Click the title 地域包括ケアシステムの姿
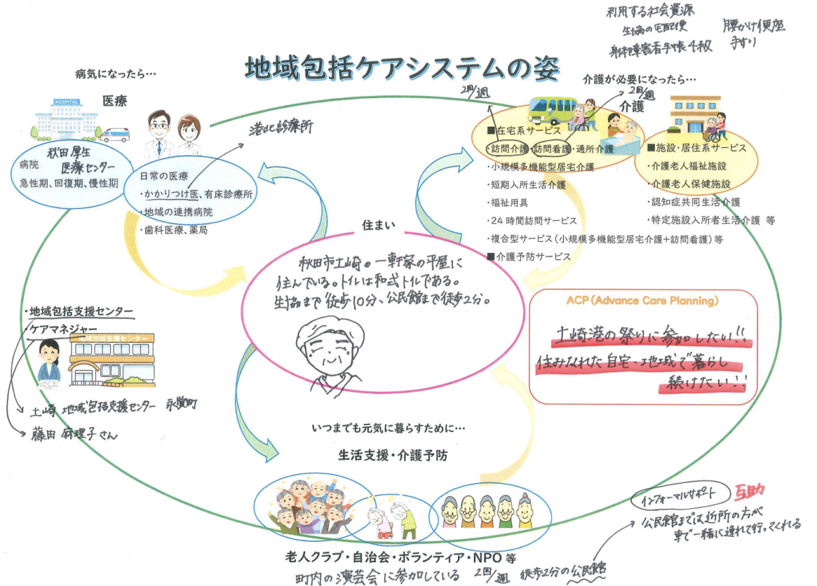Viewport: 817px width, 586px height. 402,68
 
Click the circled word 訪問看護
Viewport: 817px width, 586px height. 550,149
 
